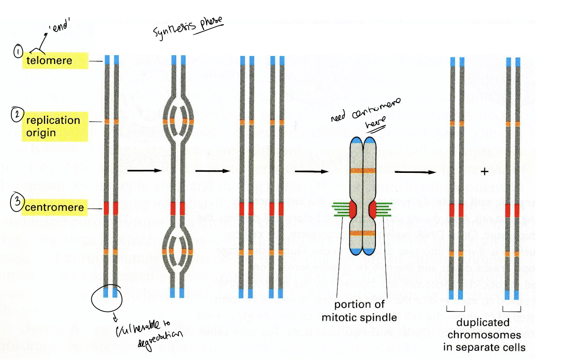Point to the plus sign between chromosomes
485,172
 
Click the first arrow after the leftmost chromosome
144,170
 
